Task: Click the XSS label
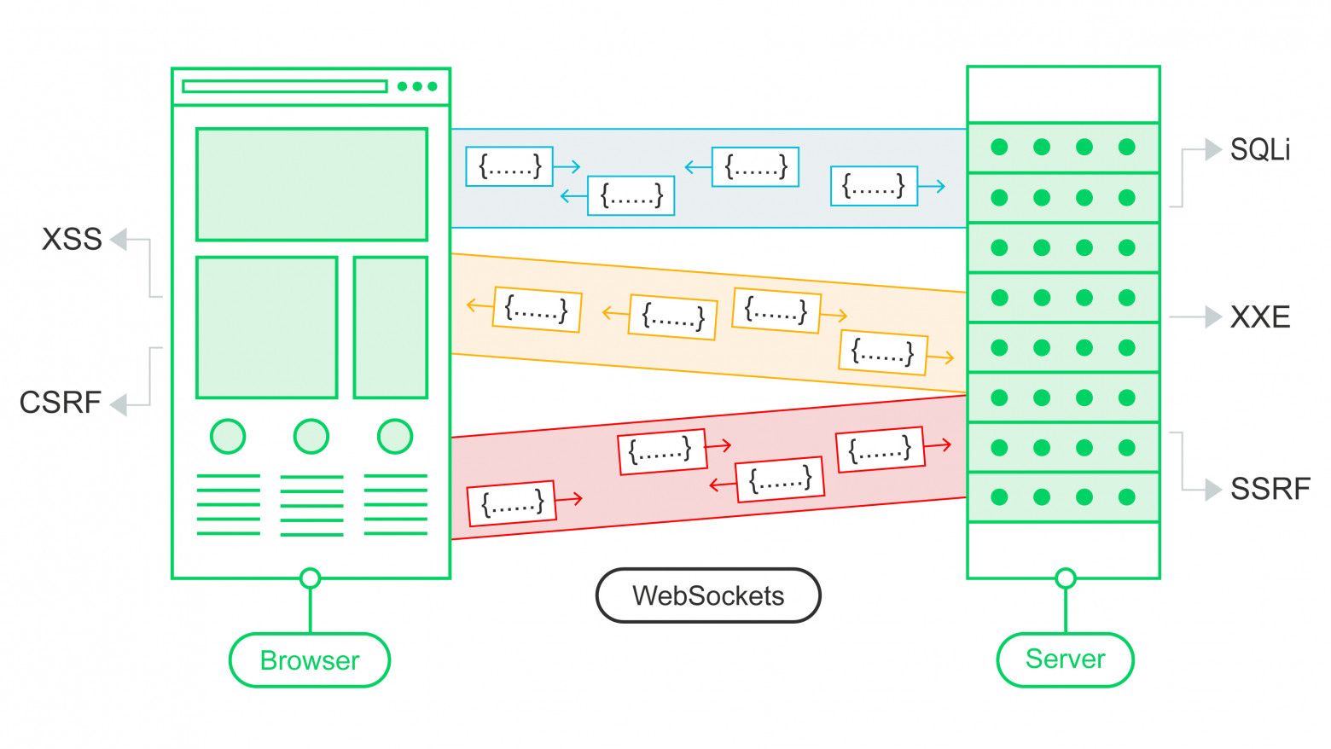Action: [x=72, y=240]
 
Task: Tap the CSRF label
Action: [x=60, y=403]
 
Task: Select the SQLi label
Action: [x=1259, y=150]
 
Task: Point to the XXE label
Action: [x=1259, y=317]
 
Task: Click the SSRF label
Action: [x=1270, y=489]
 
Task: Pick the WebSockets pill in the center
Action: [x=708, y=595]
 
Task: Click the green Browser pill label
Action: [x=310, y=660]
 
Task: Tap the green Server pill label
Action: [x=1065, y=659]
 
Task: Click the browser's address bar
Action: [x=285, y=86]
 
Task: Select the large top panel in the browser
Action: [x=311, y=184]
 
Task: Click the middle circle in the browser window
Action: [x=311, y=436]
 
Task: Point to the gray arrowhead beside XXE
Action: [x=1213, y=317]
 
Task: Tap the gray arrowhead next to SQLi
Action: [x=1213, y=150]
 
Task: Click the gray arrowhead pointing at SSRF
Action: [x=1213, y=490]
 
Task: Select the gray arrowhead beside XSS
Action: [x=119, y=240]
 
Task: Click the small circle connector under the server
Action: [x=1065, y=578]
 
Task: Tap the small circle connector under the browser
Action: [x=311, y=578]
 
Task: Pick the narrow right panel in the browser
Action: [x=391, y=328]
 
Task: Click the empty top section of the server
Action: [x=1063, y=95]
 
